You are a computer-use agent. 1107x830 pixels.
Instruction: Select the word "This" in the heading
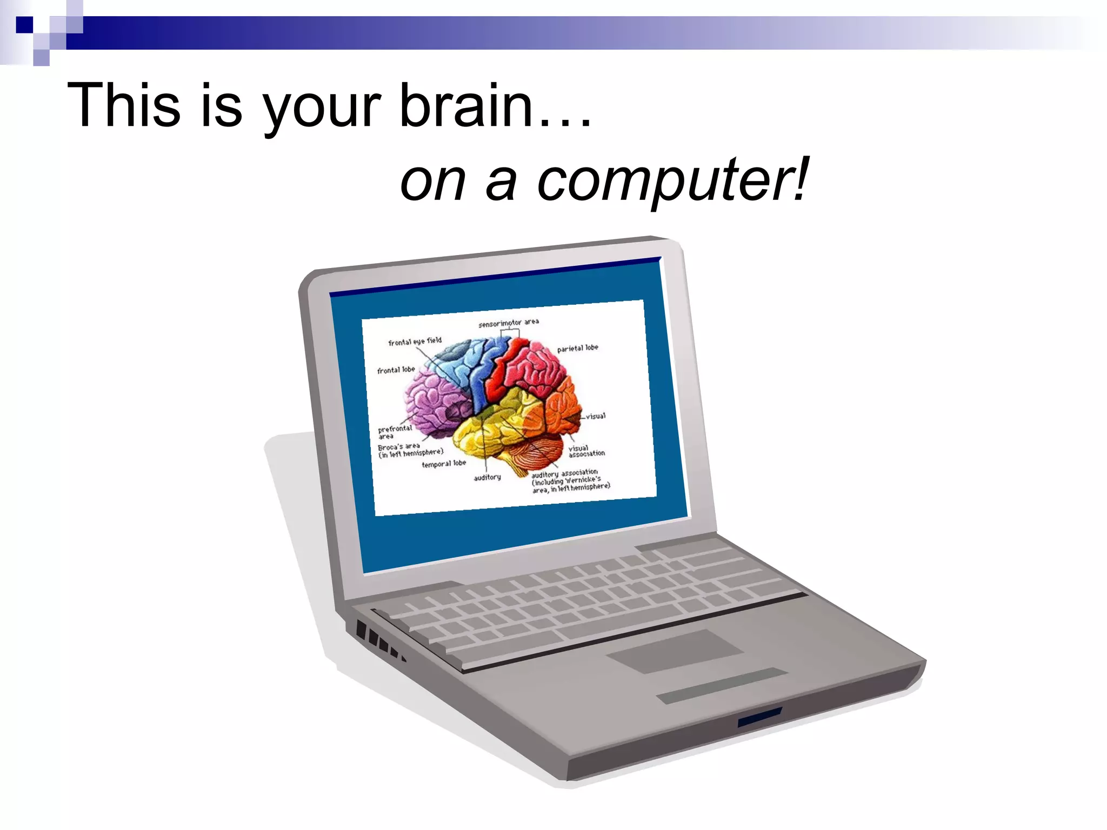click(x=123, y=105)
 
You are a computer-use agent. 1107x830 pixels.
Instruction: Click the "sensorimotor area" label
click(x=508, y=323)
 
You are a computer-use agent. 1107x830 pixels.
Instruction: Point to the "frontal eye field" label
click(x=415, y=342)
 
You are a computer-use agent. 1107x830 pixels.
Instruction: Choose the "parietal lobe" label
click(x=577, y=348)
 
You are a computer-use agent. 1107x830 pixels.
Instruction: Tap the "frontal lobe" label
click(x=396, y=370)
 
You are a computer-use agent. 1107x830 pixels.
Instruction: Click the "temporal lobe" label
click(x=443, y=464)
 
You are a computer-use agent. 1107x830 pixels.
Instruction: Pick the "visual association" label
click(x=586, y=451)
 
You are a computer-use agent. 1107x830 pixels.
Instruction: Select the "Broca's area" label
click(x=399, y=447)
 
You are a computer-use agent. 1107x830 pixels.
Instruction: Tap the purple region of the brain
click(x=432, y=400)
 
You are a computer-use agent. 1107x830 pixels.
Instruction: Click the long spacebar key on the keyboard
click(x=622, y=621)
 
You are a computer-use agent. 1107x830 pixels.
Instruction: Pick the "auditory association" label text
click(x=564, y=473)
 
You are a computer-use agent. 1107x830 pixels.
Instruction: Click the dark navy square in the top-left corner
click(x=24, y=25)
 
